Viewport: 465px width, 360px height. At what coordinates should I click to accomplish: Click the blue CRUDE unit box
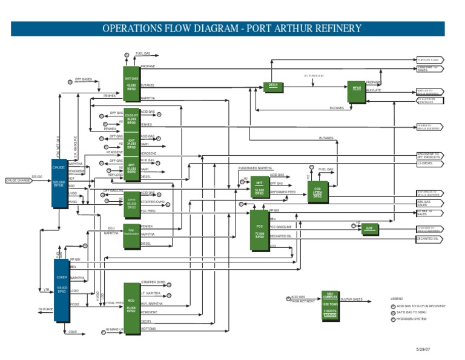[x=59, y=182]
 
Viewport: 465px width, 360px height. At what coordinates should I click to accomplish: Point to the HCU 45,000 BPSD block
[x=131, y=307]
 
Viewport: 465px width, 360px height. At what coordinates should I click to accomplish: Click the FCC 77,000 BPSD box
[x=259, y=230]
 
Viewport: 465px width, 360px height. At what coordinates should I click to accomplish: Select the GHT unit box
[x=369, y=228]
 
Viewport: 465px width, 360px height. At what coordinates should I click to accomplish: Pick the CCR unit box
[x=317, y=192]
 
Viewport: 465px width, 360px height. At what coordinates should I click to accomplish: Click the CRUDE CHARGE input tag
[x=18, y=180]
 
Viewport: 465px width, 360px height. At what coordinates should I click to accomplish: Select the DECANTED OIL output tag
[x=430, y=239]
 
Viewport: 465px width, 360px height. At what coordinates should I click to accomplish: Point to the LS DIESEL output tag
[x=430, y=163]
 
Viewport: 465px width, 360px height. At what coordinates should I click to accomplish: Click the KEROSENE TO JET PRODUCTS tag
[x=430, y=156]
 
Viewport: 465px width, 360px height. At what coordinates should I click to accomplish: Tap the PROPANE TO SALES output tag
[x=430, y=68]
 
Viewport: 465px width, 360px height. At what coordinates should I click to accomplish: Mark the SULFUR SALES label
[x=351, y=299]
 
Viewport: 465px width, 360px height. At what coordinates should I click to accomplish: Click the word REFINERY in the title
[x=332, y=28]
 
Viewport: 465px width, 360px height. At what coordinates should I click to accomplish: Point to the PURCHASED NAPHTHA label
[x=255, y=167]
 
